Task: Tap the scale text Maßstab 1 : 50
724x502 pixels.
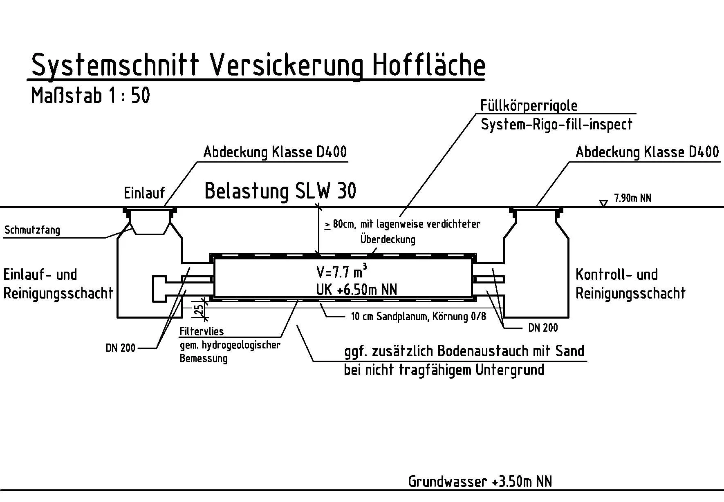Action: pyautogui.click(x=90, y=96)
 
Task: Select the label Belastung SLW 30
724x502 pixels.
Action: pyautogui.click(x=280, y=191)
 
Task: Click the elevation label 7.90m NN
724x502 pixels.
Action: pyautogui.click(x=632, y=199)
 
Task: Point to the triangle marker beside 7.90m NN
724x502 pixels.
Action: pyautogui.click(x=603, y=203)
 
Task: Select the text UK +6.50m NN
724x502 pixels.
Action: pyautogui.click(x=356, y=290)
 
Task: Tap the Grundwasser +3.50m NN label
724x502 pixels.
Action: pyautogui.click(x=480, y=482)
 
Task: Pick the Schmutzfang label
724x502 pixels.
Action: pyautogui.click(x=32, y=230)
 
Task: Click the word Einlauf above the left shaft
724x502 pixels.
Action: pyautogui.click(x=144, y=193)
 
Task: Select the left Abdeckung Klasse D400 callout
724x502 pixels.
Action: pyautogui.click(x=275, y=152)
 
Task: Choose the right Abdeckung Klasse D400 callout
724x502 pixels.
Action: pyautogui.click(x=647, y=152)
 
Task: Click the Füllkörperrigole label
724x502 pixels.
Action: pyautogui.click(x=529, y=106)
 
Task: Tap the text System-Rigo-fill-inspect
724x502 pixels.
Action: pyautogui.click(x=556, y=124)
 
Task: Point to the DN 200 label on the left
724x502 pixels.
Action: pyautogui.click(x=120, y=348)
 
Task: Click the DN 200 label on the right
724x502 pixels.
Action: pyautogui.click(x=543, y=328)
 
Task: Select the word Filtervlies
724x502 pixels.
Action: pyautogui.click(x=202, y=331)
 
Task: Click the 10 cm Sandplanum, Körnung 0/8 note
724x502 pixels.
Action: pyautogui.click(x=418, y=317)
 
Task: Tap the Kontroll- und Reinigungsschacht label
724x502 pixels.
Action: pyautogui.click(x=630, y=284)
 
